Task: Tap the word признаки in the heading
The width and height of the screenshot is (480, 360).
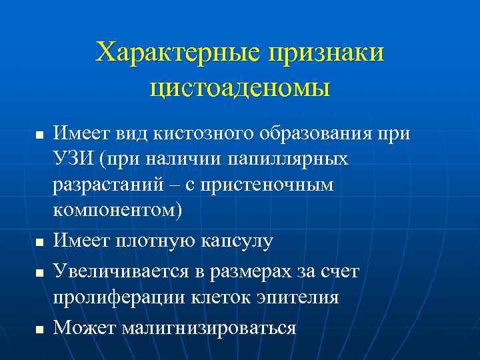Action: point(326,53)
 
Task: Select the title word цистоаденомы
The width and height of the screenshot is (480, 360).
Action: point(240,87)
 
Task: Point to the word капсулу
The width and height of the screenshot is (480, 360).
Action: point(236,241)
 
